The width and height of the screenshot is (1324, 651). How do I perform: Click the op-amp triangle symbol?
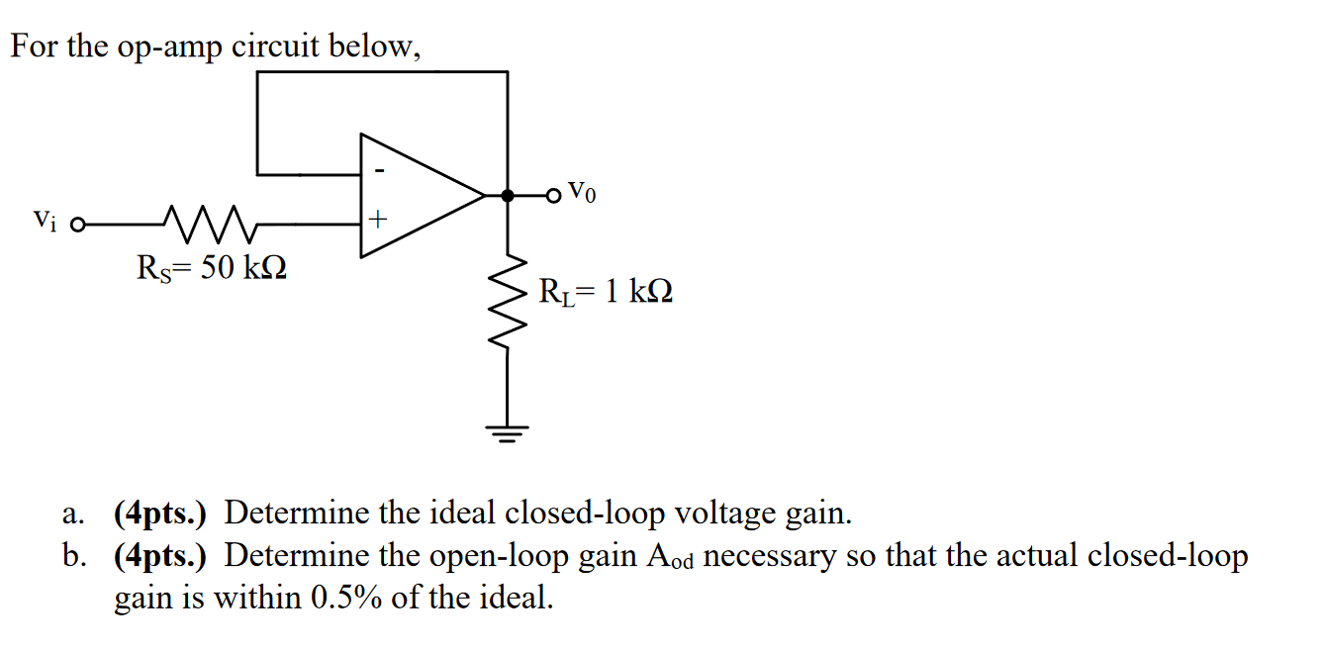click(416, 196)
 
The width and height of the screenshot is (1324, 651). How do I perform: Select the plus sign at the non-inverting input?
click(376, 217)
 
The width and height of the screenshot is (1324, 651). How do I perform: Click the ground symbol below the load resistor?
click(508, 432)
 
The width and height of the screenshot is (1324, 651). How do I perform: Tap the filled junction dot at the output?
click(508, 196)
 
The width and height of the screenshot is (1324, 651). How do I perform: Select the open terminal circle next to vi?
click(76, 224)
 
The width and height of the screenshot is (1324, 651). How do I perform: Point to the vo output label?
click(583, 193)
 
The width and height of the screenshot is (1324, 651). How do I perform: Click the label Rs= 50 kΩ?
click(212, 268)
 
